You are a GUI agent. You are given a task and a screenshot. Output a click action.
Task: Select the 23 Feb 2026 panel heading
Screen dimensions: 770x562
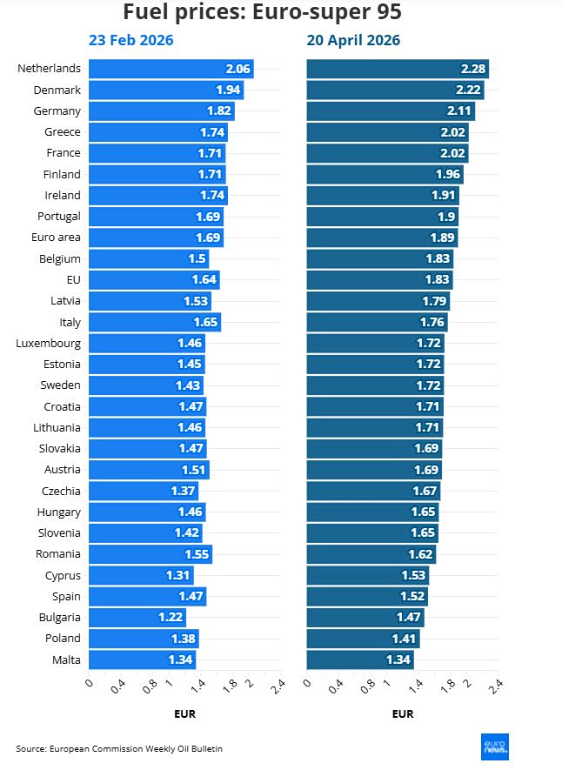[130, 41]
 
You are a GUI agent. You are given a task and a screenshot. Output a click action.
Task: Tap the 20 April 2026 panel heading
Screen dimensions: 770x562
[353, 41]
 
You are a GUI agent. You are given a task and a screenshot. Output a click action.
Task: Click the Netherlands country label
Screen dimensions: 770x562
[49, 69]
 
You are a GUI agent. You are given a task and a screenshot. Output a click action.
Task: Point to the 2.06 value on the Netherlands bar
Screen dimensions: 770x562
[238, 69]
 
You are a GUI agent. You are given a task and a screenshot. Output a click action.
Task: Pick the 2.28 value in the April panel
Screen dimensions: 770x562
[473, 69]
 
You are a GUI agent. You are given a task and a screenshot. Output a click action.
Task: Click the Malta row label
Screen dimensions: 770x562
[66, 660]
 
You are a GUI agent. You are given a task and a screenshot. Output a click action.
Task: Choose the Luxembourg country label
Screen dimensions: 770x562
[48, 343]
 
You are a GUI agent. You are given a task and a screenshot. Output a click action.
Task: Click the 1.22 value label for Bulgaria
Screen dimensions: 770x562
[171, 617]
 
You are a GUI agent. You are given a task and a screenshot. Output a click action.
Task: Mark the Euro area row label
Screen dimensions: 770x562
[57, 238]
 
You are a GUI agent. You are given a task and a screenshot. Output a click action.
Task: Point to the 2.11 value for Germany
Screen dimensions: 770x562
[459, 110]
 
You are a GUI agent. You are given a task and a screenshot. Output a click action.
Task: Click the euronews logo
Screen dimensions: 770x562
[495, 747]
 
